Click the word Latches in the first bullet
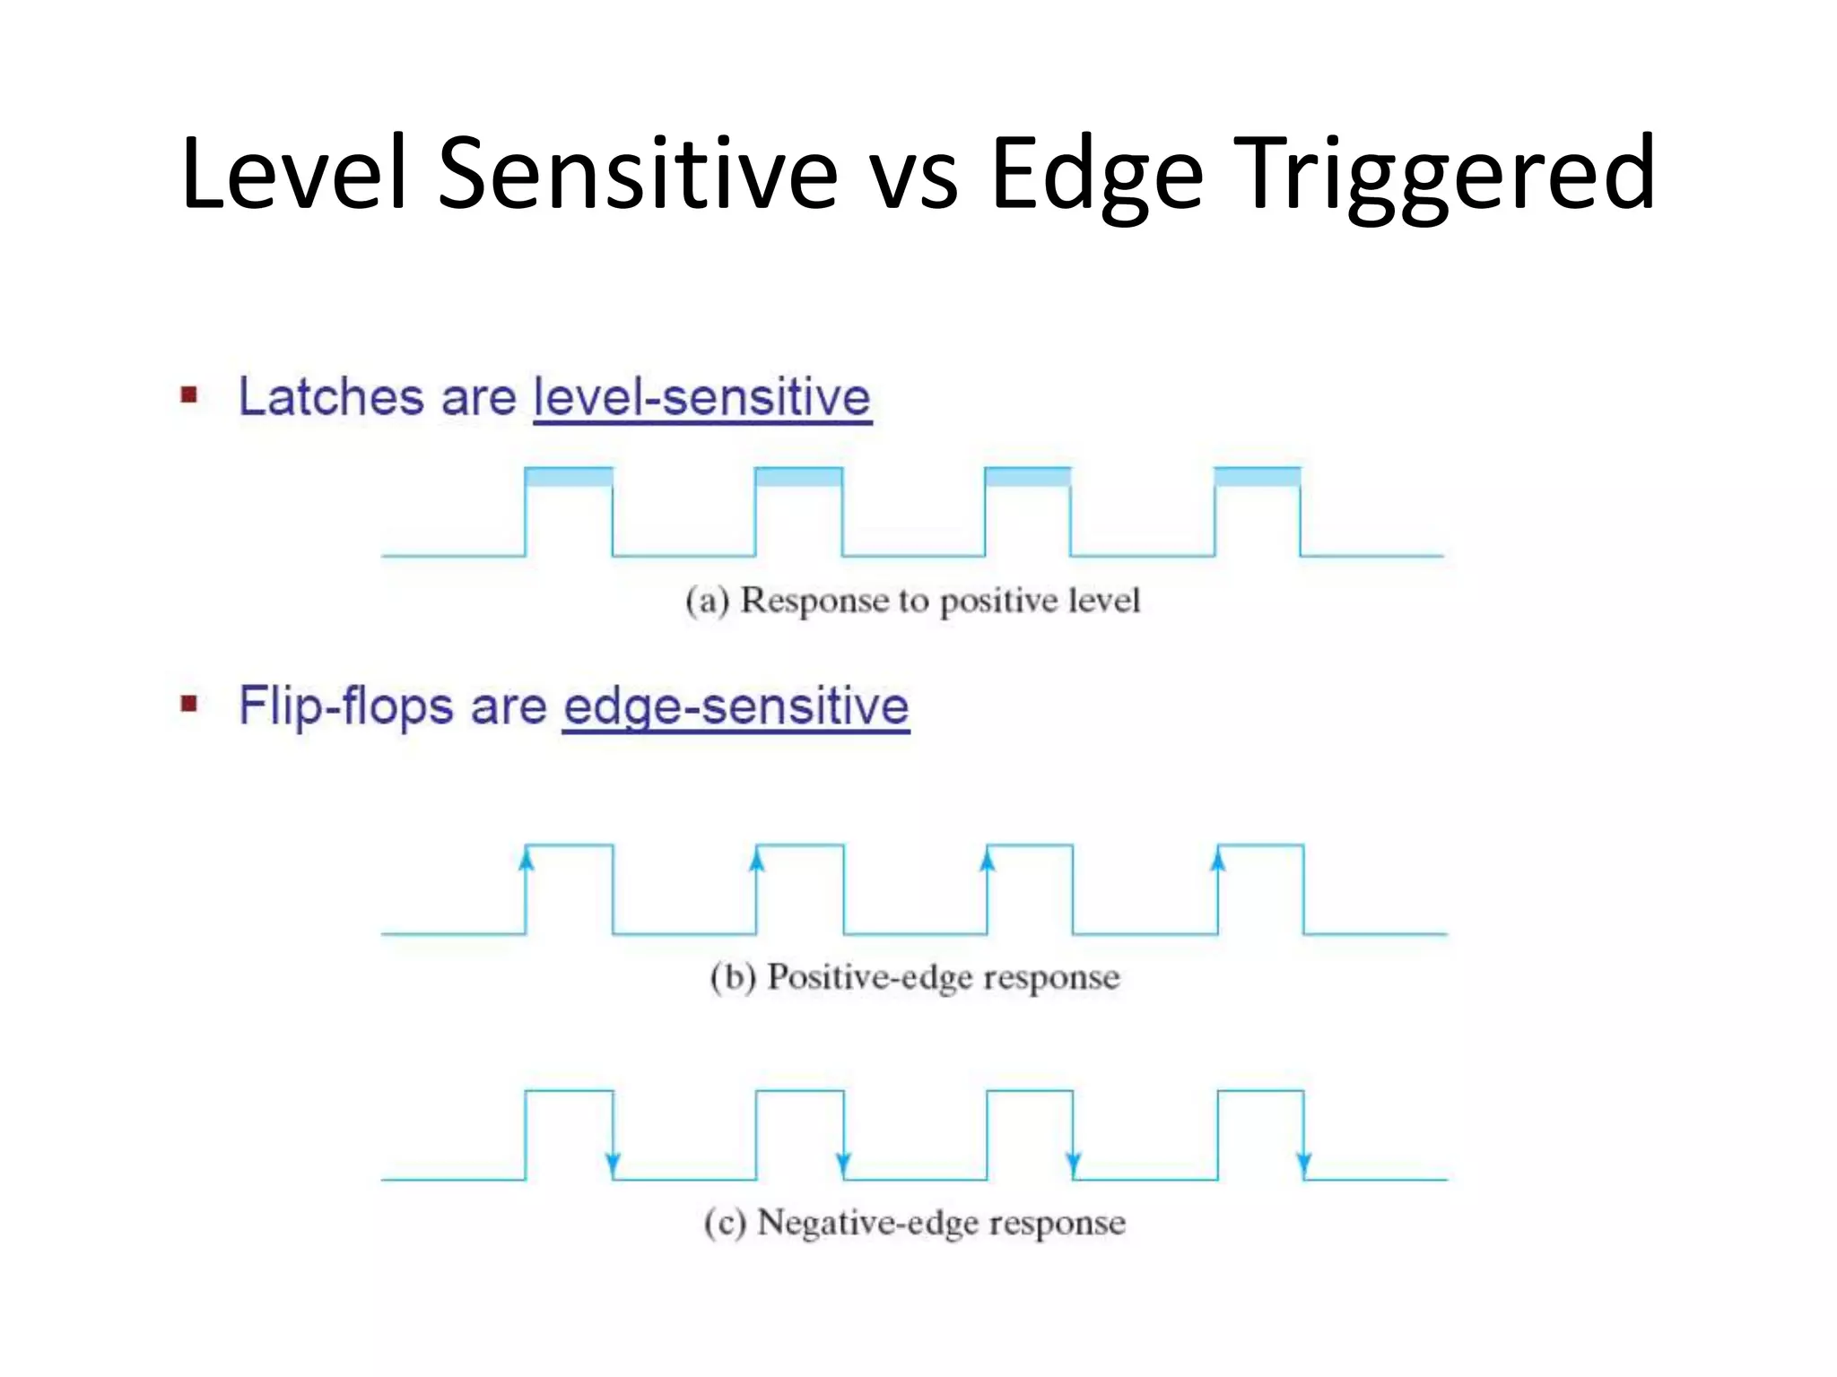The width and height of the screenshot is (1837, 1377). coord(331,396)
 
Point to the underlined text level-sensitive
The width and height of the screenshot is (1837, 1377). coord(702,398)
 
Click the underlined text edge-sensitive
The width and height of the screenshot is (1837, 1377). coord(736,706)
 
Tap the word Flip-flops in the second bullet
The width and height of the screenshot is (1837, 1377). coord(346,706)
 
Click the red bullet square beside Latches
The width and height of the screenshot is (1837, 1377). coord(189,395)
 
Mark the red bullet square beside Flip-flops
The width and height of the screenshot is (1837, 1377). coord(189,704)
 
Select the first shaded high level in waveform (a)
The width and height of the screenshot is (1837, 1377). coord(569,477)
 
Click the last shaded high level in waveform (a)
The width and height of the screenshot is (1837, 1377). coord(1258,477)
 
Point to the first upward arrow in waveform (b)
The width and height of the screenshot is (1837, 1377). coord(527,860)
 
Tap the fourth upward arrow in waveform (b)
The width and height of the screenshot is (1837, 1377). coord(1217,860)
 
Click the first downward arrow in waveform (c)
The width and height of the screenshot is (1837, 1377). coord(613,1164)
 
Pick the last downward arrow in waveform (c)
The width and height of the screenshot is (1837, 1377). coord(1303,1164)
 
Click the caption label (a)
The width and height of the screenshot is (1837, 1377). coord(707,601)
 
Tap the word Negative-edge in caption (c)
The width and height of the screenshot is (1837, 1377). coord(865,1223)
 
